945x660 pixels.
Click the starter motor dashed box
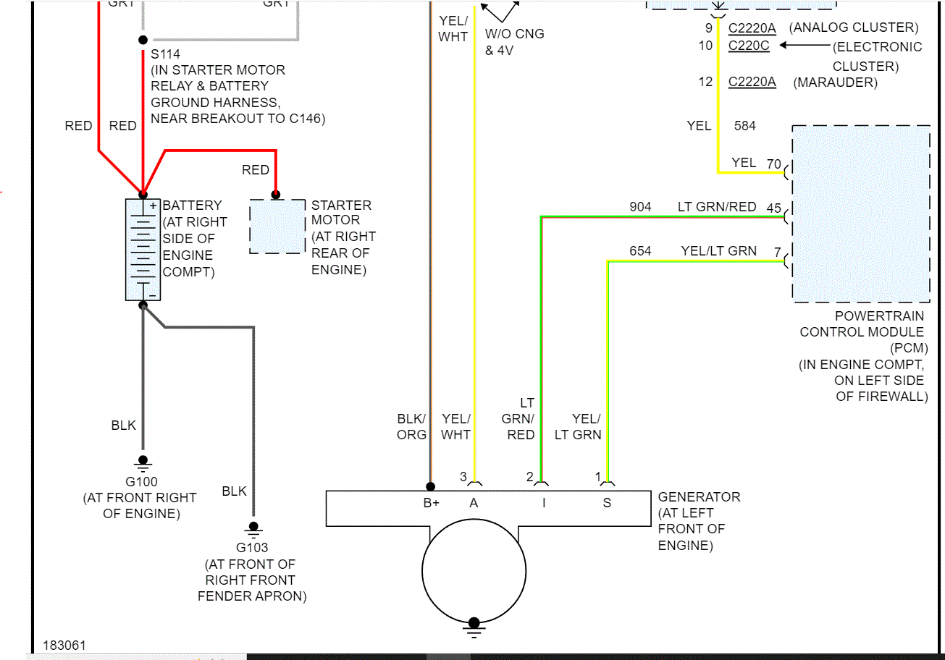point(277,226)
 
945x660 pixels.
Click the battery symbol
point(143,249)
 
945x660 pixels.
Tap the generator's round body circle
point(474,567)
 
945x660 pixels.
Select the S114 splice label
point(165,54)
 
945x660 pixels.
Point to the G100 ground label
point(141,482)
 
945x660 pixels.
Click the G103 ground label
point(251,548)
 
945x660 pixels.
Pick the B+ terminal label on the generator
point(431,503)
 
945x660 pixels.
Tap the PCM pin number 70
point(773,164)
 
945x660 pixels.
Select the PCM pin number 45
point(773,209)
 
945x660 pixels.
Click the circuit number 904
point(640,207)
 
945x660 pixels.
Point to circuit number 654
point(640,251)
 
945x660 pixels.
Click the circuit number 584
point(744,126)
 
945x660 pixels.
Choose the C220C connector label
point(749,46)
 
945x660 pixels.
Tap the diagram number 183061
point(65,645)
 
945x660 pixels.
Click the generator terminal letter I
point(544,503)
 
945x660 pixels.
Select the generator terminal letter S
point(607,503)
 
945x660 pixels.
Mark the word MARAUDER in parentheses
point(835,82)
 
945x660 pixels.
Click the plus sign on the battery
point(153,206)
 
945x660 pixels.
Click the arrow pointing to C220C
point(804,46)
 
